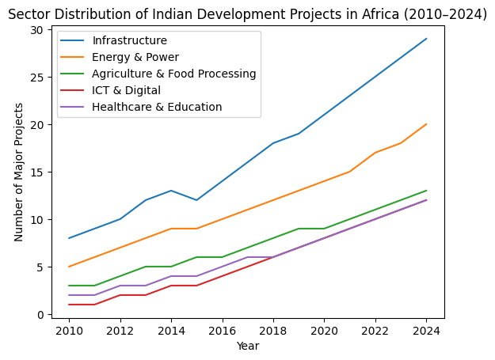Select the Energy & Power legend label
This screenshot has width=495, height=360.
pos(135,57)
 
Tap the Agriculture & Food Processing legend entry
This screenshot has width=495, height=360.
pos(174,74)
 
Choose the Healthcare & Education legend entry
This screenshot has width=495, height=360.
pos(157,107)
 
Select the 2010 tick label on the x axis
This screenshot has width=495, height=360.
pos(70,329)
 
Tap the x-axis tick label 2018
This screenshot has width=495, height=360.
pos(273,329)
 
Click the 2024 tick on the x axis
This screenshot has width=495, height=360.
pos(426,329)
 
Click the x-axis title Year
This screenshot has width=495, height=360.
pos(248,346)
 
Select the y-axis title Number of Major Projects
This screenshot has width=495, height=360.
pos(20,172)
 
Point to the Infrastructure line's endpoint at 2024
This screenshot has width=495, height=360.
pos(426,39)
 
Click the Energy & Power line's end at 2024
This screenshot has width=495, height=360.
pos(426,124)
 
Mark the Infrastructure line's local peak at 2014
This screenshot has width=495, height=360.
pos(171,191)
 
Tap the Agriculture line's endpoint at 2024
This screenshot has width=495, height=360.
pos(426,191)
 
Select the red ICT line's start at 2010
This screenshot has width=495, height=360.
pos(70,305)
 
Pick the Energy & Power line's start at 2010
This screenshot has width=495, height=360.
pos(70,267)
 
